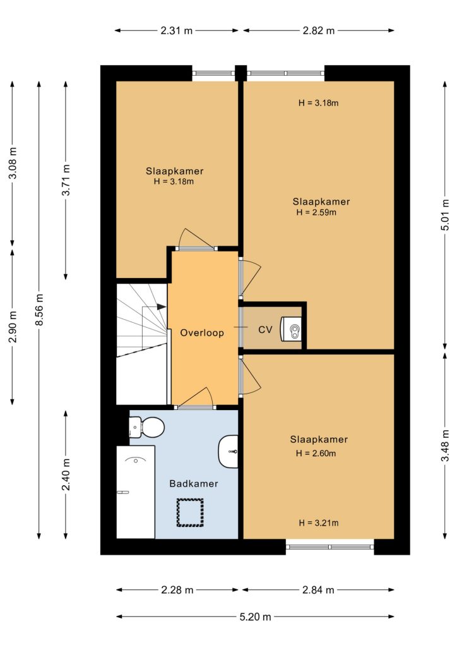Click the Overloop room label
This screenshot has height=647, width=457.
tap(202, 332)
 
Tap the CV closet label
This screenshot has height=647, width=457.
tap(265, 330)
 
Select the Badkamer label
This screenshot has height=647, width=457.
tap(194, 483)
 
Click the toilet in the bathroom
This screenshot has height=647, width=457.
tap(146, 427)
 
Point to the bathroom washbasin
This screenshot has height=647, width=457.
tap(228, 451)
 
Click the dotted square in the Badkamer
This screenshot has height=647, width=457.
tap(191, 512)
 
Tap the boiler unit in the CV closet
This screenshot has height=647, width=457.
tap(291, 329)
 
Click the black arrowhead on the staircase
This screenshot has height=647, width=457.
tap(162, 307)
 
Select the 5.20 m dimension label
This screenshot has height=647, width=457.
tap(256, 617)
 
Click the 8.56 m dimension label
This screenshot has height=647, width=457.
tap(39, 310)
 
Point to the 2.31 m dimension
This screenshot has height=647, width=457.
tap(176, 30)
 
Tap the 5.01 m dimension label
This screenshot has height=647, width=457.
tap(445, 215)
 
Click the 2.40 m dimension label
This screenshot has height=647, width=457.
tap(66, 475)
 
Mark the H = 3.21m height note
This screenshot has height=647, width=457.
tap(319, 523)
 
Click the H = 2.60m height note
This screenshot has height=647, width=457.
tap(316, 453)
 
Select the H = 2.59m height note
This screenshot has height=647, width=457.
tap(316, 212)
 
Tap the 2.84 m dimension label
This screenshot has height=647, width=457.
tap(318, 590)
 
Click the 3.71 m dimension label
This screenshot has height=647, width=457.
tap(66, 180)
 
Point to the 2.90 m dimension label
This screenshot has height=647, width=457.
tap(13, 327)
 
